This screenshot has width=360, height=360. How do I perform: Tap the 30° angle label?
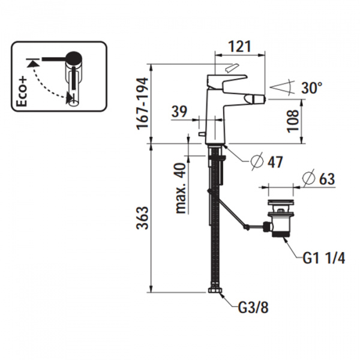click(312, 88)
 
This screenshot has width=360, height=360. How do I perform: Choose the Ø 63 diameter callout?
click(318, 178)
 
